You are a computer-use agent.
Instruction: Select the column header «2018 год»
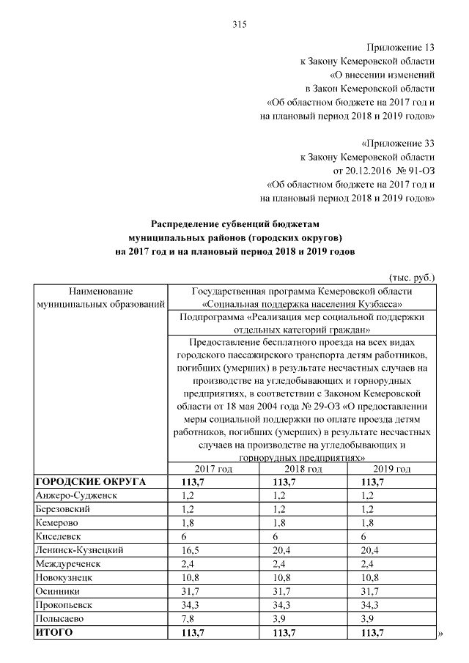click(303, 469)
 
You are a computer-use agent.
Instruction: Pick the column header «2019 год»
click(392, 469)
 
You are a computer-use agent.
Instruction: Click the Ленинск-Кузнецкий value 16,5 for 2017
click(181, 549)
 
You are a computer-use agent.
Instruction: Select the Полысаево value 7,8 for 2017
click(179, 618)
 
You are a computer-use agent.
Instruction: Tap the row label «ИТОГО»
click(54, 632)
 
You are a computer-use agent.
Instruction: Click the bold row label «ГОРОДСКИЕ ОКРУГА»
click(91, 481)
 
